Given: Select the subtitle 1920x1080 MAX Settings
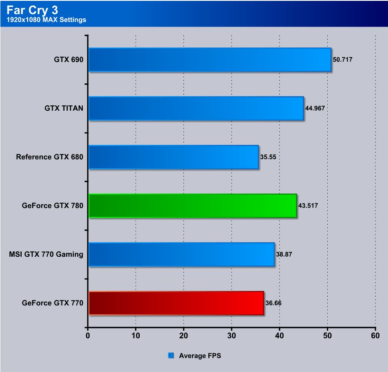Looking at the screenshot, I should pyautogui.click(x=47, y=20).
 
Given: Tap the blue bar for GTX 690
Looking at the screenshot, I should pyautogui.click(x=210, y=60).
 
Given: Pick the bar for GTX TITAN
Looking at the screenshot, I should pyautogui.click(x=196, y=108).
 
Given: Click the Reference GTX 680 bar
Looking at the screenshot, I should pyautogui.click(x=173, y=157).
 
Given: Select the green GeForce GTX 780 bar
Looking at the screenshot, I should pyautogui.click(x=193, y=206).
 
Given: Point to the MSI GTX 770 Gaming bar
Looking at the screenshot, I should pyautogui.click(x=181, y=254).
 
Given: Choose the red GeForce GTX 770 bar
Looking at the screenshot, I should pyautogui.click(x=176, y=303).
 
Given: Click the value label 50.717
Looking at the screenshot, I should pyautogui.click(x=343, y=60).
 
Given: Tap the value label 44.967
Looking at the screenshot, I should pyautogui.click(x=315, y=108).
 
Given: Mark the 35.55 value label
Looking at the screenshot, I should pyautogui.click(x=268, y=157).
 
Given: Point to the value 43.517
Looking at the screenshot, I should pyautogui.click(x=308, y=206).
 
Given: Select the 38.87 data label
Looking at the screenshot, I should pyautogui.click(x=284, y=254).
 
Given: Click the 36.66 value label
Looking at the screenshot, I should pyautogui.click(x=273, y=303).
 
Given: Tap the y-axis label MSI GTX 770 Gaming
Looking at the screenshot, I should pyautogui.click(x=46, y=254).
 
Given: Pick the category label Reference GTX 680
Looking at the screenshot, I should pyautogui.click(x=50, y=157).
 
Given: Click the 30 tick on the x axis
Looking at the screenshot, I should pyautogui.click(x=231, y=335).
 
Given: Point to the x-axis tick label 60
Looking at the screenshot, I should pyautogui.click(x=375, y=335).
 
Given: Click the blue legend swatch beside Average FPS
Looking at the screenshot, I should pyautogui.click(x=171, y=355).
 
